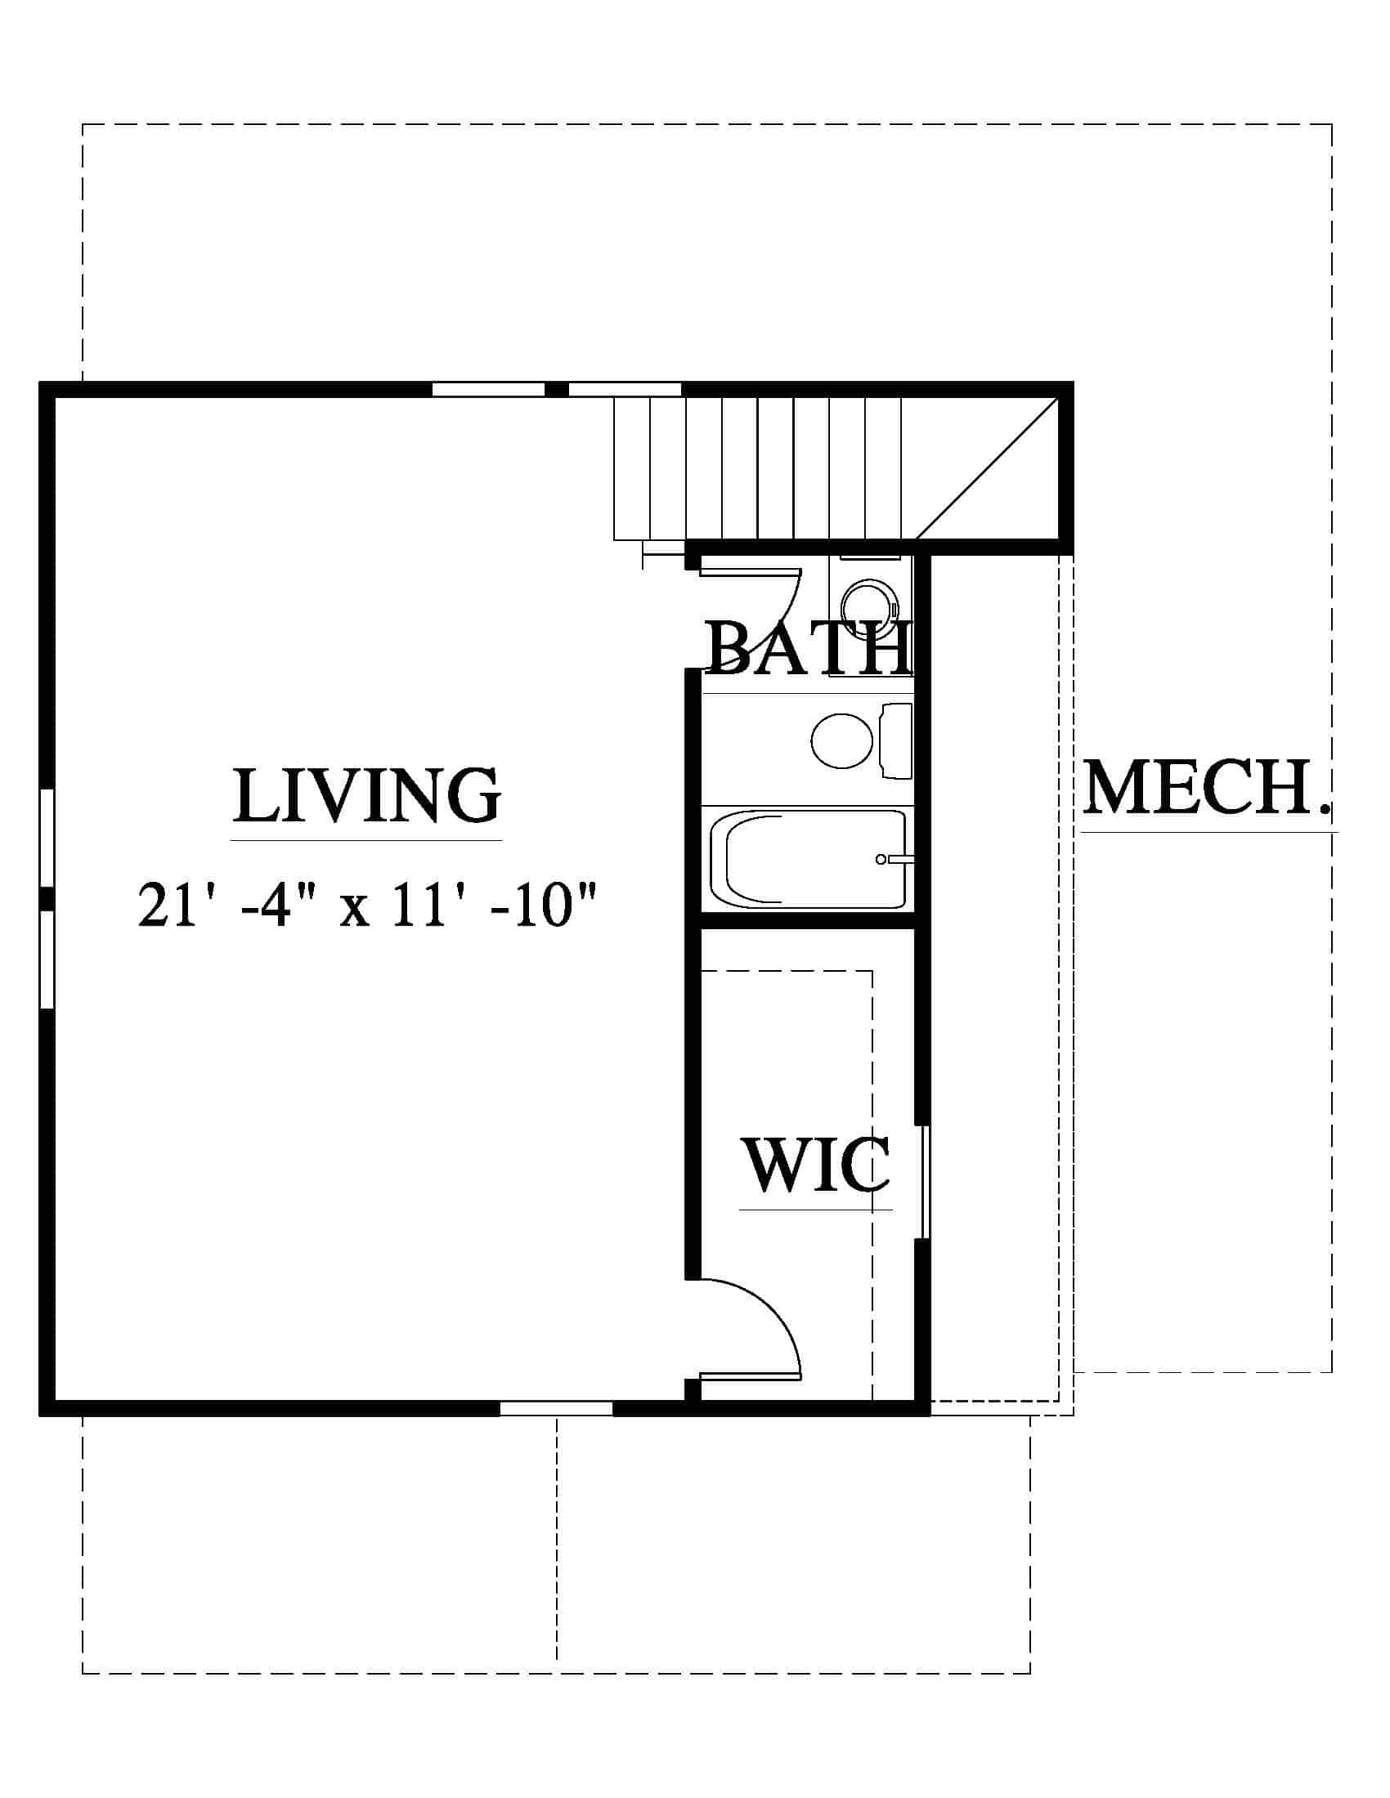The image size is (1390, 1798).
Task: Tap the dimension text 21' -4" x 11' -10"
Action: click(365, 905)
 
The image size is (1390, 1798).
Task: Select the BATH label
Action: click(809, 649)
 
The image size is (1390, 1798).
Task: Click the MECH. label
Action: click(1207, 788)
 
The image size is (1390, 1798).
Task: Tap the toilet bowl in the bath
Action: click(841, 740)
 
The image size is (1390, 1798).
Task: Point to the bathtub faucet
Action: click(891, 860)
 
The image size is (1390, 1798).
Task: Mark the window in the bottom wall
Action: click(557, 1409)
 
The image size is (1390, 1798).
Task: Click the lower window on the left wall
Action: click(47, 959)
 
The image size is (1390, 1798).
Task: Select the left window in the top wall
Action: click(488, 389)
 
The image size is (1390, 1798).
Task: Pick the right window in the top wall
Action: click(625, 389)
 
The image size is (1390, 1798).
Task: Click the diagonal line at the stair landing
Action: click(987, 467)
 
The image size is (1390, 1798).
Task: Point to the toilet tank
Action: click(897, 740)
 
